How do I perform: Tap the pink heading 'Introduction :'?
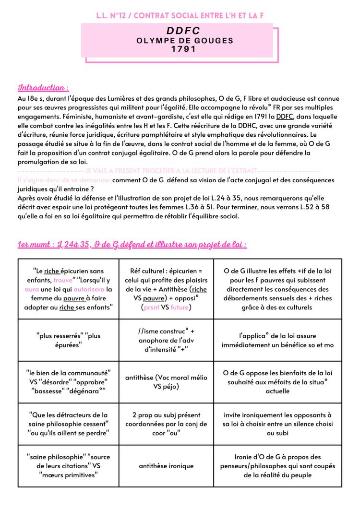tap(43, 88)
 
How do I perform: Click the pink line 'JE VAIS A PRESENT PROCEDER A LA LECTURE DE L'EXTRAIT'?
tap(170, 171)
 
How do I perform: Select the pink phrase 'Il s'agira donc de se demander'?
tap(64, 179)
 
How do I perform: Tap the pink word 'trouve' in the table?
tap(63, 280)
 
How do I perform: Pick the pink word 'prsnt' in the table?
tap(156, 308)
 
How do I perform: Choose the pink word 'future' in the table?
tap(180, 308)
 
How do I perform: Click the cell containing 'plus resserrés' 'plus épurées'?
tap(68, 340)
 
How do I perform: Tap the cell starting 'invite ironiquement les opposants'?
tap(278, 424)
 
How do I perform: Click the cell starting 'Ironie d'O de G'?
tap(278, 466)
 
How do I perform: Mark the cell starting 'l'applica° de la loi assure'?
tap(278, 340)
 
